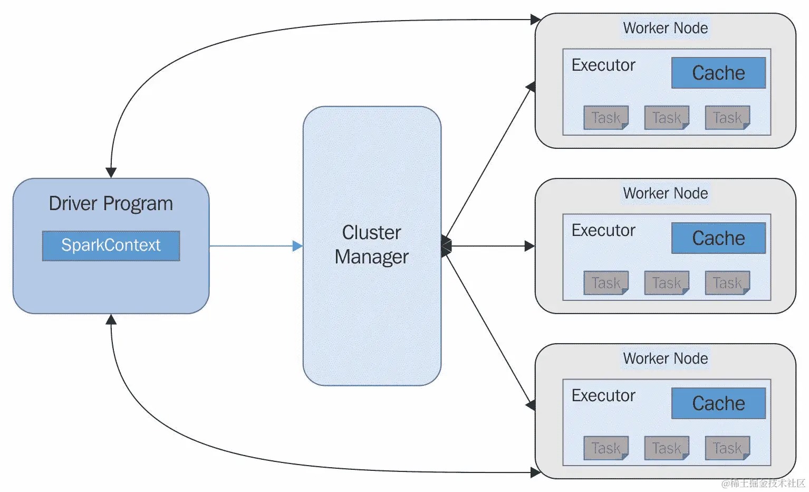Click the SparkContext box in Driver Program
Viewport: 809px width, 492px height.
click(111, 245)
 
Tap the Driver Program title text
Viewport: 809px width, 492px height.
click(111, 204)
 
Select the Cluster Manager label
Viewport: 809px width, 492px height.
click(372, 244)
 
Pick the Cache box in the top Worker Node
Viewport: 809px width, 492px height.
click(718, 73)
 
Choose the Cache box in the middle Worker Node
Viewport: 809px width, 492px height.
click(718, 238)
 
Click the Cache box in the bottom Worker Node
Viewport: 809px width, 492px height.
click(718, 403)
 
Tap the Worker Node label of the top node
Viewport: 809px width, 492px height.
click(666, 28)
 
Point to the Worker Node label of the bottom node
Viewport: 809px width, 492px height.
click(666, 358)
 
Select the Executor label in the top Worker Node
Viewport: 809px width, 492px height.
click(603, 65)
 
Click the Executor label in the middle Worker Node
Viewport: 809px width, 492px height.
click(603, 231)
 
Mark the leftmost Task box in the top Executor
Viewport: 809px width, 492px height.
click(606, 118)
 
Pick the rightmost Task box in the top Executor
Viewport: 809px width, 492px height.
click(727, 118)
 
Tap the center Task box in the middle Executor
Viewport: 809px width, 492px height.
click(667, 283)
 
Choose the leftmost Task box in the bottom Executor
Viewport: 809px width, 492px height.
click(606, 448)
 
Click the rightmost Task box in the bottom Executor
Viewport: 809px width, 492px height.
click(727, 448)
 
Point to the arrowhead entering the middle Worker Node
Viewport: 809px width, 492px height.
click(529, 246)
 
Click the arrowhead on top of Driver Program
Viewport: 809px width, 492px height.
click(111, 173)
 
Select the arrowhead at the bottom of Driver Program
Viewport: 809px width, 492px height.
click(111, 319)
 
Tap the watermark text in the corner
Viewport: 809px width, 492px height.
click(763, 483)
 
